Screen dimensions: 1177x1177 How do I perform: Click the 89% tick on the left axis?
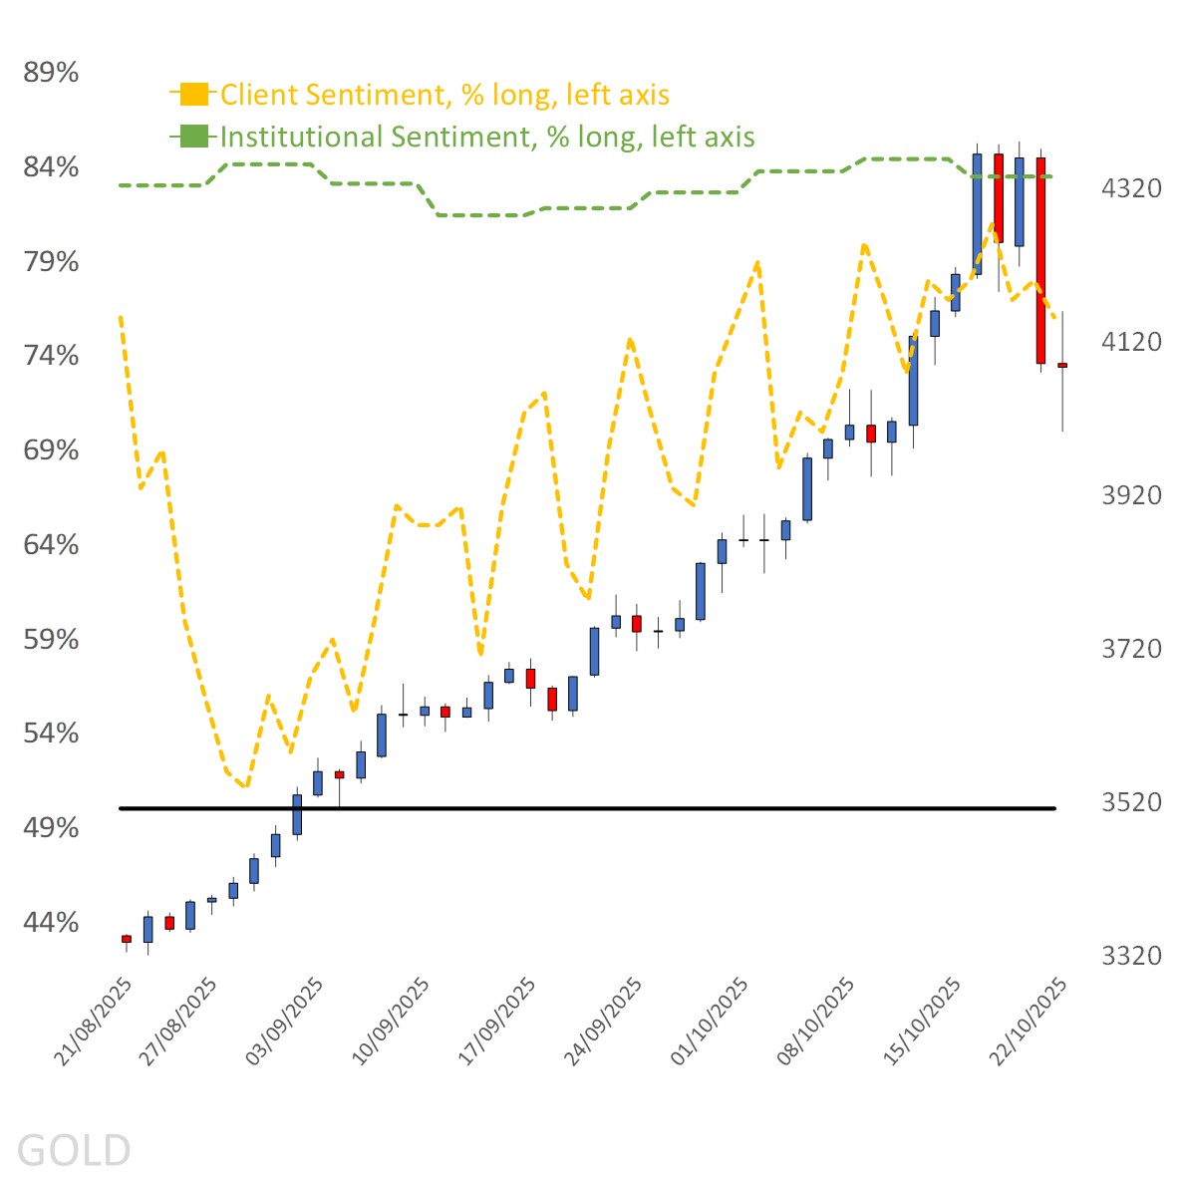[51, 73]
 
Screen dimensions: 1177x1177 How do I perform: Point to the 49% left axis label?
[51, 828]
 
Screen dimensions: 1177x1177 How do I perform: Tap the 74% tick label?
[51, 356]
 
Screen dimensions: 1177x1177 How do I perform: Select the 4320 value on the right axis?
[1131, 188]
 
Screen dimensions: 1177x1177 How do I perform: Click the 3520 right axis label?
[1131, 802]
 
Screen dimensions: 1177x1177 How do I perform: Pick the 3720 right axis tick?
[1131, 649]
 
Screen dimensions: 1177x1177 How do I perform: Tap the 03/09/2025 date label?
[285, 1023]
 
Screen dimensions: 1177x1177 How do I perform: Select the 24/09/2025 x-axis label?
[604, 1023]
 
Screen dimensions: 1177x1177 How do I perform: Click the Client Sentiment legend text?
[444, 95]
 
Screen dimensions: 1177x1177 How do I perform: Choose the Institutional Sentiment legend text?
[487, 137]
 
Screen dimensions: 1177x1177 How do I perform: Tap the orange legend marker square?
[194, 95]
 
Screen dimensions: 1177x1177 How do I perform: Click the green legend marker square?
[194, 137]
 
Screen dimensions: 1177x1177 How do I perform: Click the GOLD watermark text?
[74, 1149]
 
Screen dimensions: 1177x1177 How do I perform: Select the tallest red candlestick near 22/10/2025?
[1040, 259]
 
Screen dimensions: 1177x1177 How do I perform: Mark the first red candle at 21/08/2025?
[127, 939]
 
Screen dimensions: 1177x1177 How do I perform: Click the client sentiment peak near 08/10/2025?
[864, 244]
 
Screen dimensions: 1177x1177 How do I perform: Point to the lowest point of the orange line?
[244, 786]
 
